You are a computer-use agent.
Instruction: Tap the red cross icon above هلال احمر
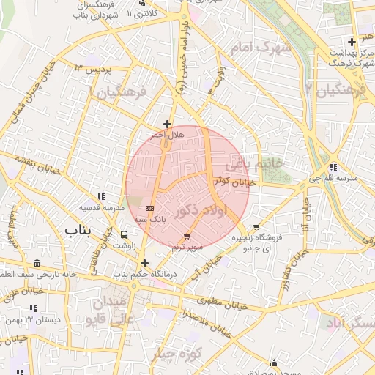click(x=168, y=124)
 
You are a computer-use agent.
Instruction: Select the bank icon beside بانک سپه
click(x=149, y=208)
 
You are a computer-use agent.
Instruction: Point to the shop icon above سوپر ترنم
click(x=187, y=237)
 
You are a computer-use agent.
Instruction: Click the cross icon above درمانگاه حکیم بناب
click(x=144, y=263)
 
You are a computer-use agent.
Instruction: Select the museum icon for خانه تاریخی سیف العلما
click(x=37, y=264)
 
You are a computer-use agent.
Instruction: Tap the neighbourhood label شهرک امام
click(x=260, y=48)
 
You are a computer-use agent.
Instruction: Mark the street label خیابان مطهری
click(x=220, y=300)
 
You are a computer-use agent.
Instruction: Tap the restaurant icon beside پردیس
click(x=78, y=67)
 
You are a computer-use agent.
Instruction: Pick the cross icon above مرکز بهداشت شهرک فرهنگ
click(x=353, y=41)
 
